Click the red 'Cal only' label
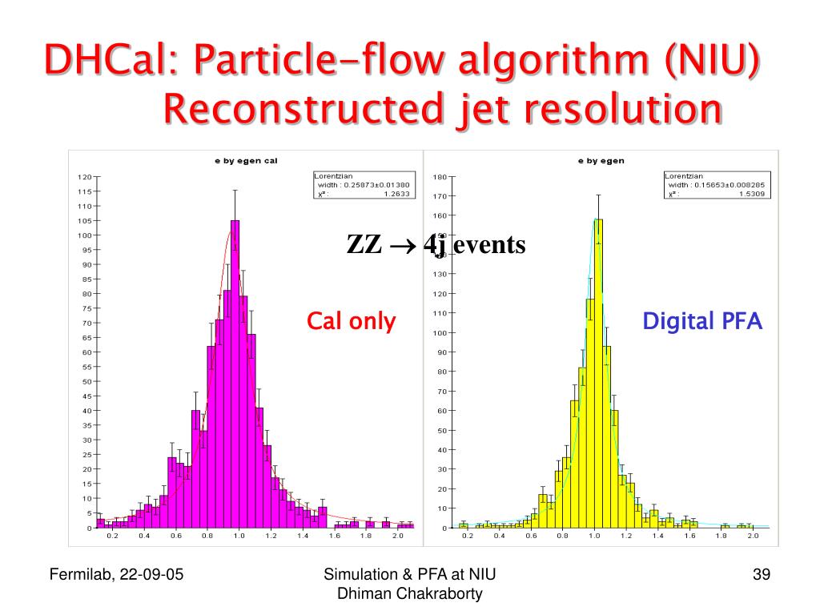click(x=352, y=322)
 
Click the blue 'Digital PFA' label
click(x=703, y=322)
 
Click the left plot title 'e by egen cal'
click(x=245, y=161)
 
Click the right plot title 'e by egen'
click(x=601, y=161)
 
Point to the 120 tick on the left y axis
click(x=84, y=177)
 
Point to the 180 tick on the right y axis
click(x=440, y=177)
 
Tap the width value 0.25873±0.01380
click(x=377, y=185)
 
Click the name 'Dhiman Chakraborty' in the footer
click(x=410, y=593)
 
